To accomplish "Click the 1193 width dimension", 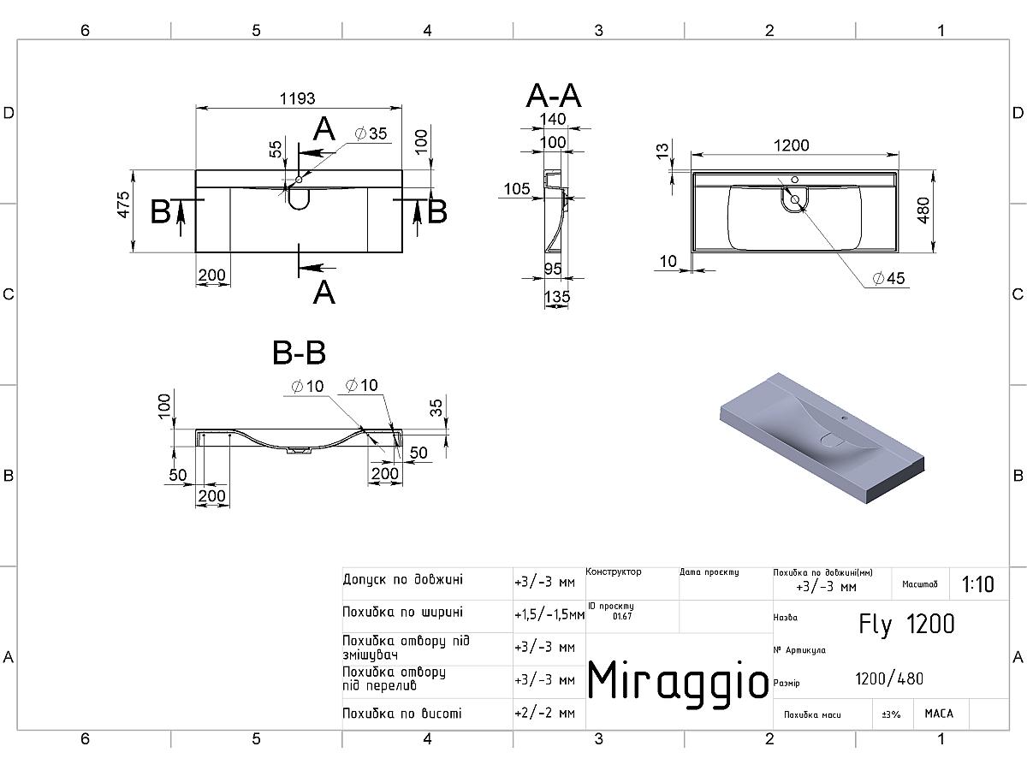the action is [298, 98].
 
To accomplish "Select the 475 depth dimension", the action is [123, 204].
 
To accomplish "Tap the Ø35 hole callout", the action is [371, 133].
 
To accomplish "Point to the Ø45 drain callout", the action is [889, 278].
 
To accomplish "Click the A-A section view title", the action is [554, 96].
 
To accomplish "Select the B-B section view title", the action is [299, 352].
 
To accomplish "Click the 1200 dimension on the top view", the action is [791, 145].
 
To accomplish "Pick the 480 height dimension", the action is [923, 210].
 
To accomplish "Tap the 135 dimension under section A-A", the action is [557, 296].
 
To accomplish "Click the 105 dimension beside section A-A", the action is [517, 189].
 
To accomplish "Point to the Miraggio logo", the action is [678, 681].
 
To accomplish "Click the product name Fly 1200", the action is [906, 625].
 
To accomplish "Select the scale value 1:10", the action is [978, 584].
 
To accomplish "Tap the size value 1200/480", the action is [889, 678].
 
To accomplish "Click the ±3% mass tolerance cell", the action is [891, 714].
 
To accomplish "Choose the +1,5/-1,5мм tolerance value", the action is [549, 615].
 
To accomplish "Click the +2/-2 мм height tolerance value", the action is [544, 714].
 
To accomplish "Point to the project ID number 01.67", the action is [622, 616].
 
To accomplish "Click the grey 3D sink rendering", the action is [822, 437].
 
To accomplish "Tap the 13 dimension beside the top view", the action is [662, 151].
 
